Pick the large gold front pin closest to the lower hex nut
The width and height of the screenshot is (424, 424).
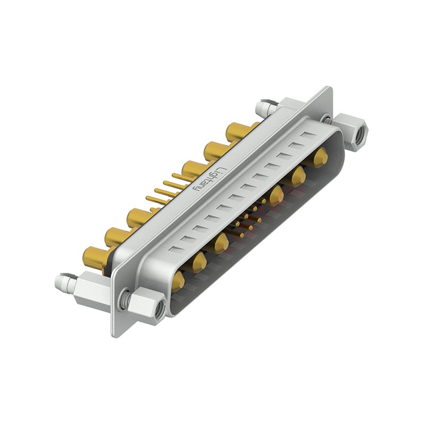point(178,281)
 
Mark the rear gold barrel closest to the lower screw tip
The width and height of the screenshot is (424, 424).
point(94,258)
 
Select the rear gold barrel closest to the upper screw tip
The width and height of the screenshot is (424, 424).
point(237,131)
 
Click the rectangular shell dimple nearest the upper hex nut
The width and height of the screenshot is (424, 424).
point(307,136)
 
